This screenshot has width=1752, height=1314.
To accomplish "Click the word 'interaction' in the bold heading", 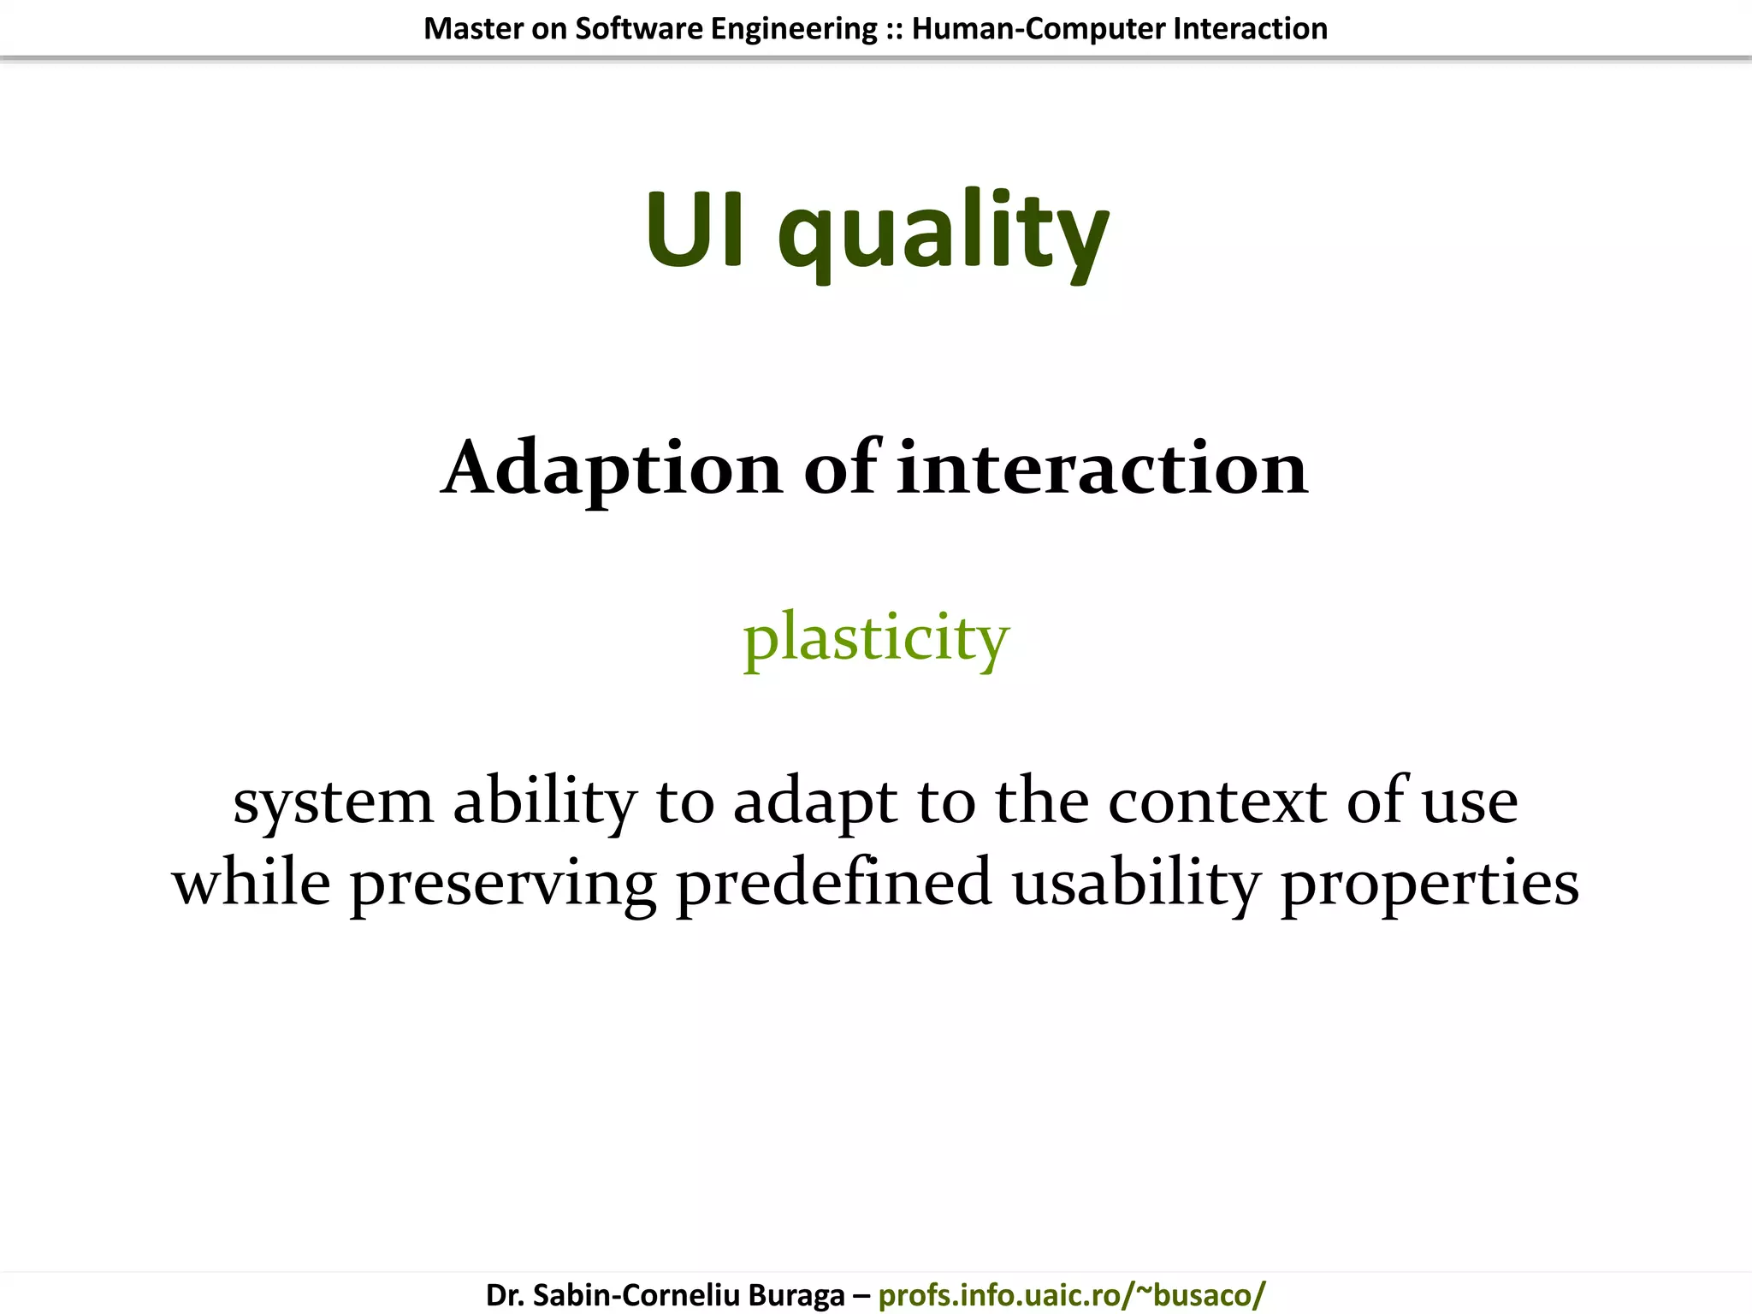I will (x=1102, y=469).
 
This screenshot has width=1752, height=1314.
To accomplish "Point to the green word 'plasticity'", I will (x=876, y=638).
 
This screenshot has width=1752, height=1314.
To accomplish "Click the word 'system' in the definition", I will (x=334, y=802).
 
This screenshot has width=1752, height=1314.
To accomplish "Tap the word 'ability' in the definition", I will (x=545, y=802).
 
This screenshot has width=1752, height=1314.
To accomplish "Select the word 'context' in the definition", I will (x=1217, y=802).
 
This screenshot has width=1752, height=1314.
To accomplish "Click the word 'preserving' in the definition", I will (x=503, y=885).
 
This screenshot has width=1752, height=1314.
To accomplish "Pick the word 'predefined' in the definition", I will (x=834, y=883).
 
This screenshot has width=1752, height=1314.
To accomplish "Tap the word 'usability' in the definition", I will (x=1136, y=885).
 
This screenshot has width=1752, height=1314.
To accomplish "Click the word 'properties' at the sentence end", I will (x=1429, y=885).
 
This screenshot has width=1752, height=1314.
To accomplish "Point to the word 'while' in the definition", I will (x=252, y=883).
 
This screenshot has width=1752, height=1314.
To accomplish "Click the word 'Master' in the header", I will (x=473, y=29).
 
